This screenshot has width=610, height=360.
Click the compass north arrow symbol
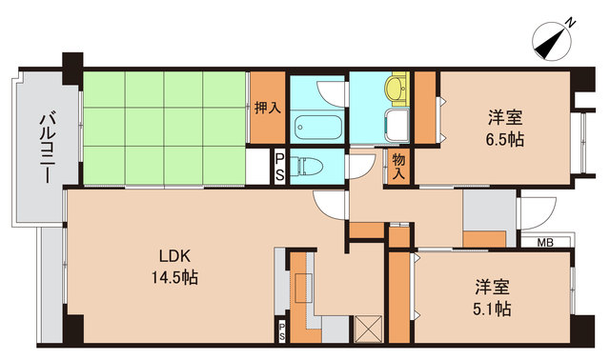(x=551, y=42)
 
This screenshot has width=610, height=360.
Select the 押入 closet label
(x=268, y=108)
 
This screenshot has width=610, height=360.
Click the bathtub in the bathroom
(x=318, y=127)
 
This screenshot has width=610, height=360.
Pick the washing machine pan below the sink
(x=396, y=125)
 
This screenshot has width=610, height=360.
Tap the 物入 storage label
(x=398, y=166)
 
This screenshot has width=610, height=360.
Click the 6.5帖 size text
(x=505, y=139)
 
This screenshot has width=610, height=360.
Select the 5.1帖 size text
(x=492, y=310)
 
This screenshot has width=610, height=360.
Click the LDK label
(x=174, y=256)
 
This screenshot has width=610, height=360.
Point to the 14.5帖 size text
(x=174, y=277)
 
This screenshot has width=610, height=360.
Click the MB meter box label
(x=545, y=243)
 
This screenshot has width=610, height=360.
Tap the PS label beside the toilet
(x=279, y=168)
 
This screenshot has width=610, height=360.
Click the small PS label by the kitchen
(x=282, y=330)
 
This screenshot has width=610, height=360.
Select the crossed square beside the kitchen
(x=369, y=329)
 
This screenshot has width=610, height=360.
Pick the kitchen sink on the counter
(x=304, y=288)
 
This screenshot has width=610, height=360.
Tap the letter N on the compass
(x=570, y=23)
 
